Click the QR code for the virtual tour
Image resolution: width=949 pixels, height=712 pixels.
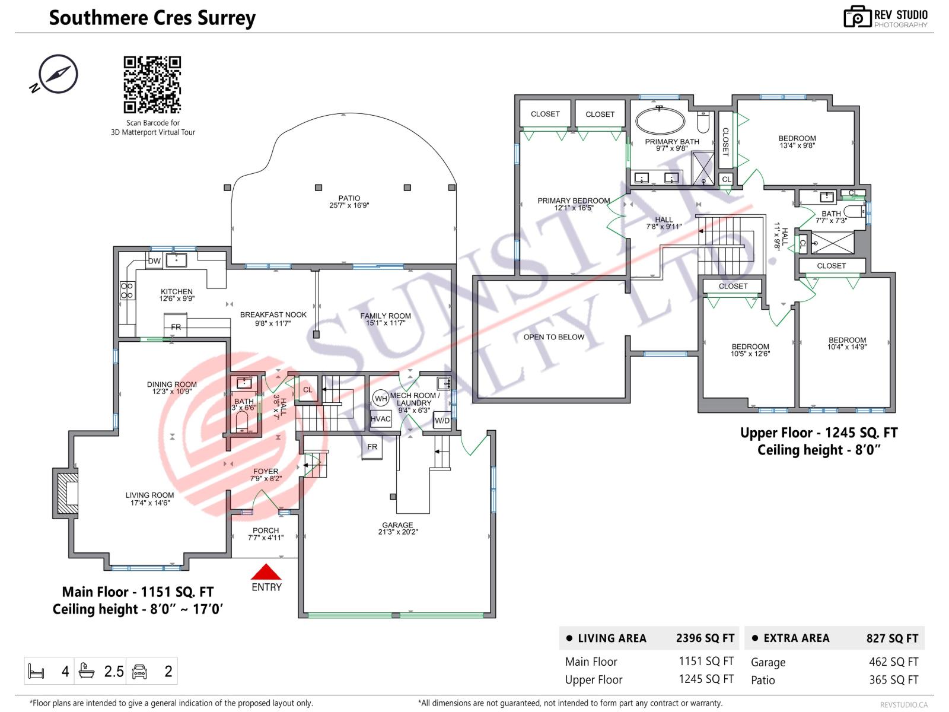[x=152, y=84]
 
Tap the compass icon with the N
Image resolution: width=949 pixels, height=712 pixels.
[x=58, y=74]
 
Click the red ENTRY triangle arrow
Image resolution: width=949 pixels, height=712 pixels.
[x=266, y=572]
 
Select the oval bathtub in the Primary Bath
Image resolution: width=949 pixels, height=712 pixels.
[x=660, y=121]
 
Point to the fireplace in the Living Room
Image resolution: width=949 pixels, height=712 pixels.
[x=66, y=493]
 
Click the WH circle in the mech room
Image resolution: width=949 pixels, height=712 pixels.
[x=380, y=399]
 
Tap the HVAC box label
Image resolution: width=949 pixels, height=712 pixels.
[x=380, y=419]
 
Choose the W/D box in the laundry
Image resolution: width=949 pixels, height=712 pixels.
[x=442, y=421]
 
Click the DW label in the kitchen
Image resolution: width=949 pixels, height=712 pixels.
[x=154, y=261]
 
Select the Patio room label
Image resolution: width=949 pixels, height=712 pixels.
[x=349, y=198]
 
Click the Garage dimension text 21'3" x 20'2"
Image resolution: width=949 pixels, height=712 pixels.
[x=397, y=532]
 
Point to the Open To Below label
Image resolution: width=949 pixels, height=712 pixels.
[x=553, y=337]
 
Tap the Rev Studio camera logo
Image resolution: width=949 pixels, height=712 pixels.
[x=857, y=17]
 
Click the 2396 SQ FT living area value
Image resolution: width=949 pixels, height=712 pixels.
[x=705, y=638]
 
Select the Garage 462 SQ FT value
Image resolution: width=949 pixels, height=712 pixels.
[x=893, y=662]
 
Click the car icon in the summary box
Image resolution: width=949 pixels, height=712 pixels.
[x=139, y=671]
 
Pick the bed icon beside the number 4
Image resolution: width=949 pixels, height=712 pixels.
[x=37, y=671]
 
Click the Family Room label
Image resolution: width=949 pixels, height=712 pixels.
[x=386, y=316]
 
